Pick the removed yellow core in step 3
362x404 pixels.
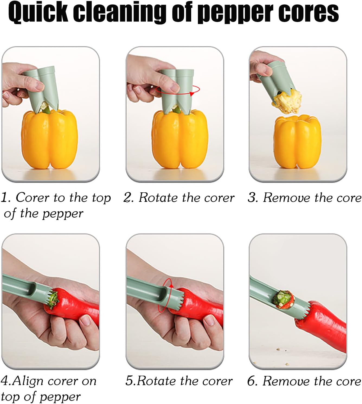(x=287, y=102)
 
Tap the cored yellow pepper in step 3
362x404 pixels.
(x=297, y=141)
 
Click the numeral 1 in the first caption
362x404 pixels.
(x=5, y=198)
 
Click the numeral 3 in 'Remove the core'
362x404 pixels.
(x=252, y=198)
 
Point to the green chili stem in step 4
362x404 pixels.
(x=54, y=300)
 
